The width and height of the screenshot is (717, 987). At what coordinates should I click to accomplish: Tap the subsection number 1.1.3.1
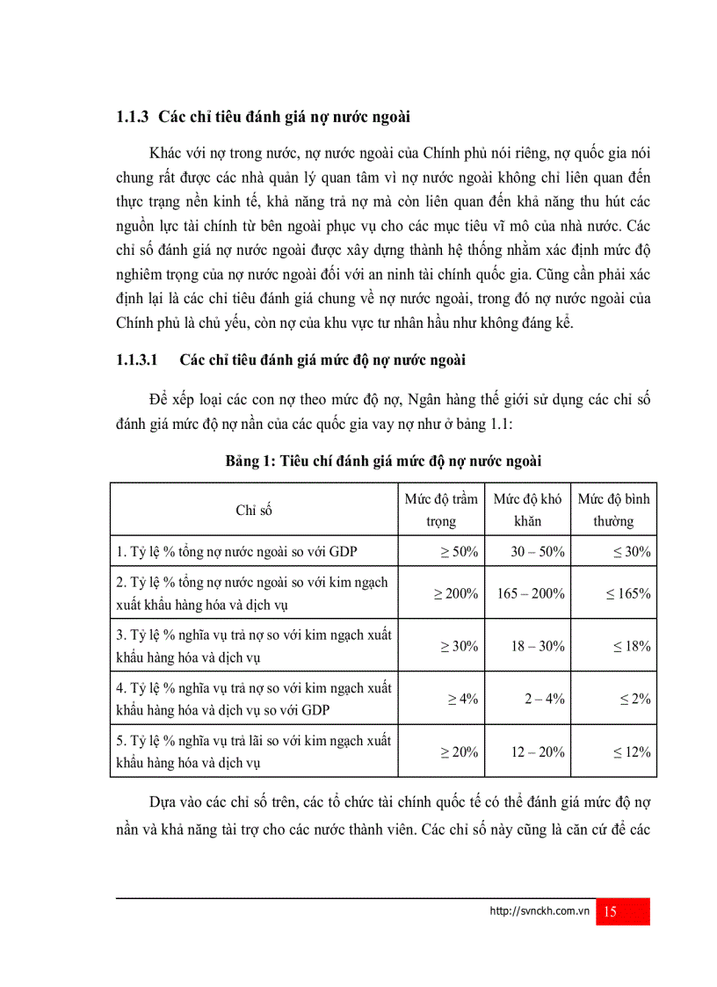coord(136,360)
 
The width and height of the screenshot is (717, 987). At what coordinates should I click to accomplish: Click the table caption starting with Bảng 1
coord(384,461)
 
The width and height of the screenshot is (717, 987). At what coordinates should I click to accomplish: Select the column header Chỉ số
coord(254,510)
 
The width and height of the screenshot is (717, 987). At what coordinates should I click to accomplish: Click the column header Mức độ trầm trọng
coord(441,510)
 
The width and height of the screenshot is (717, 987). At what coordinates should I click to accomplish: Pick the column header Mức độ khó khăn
coord(527,510)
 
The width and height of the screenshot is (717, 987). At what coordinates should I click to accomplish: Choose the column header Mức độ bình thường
coord(613,510)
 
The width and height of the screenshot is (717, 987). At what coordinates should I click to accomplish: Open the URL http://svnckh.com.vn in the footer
coord(539,912)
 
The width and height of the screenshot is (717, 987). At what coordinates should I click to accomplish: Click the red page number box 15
coord(622,911)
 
